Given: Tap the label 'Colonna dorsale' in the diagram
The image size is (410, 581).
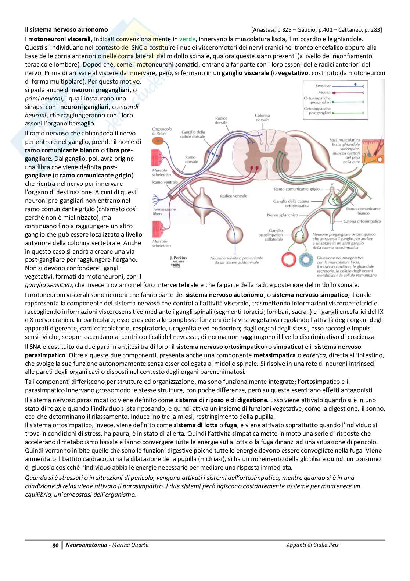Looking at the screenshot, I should pyautogui.click(x=262, y=118).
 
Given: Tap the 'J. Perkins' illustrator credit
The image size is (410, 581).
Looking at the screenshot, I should pyautogui.click(x=179, y=258).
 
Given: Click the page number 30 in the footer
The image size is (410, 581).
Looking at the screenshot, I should pyautogui.click(x=55, y=545).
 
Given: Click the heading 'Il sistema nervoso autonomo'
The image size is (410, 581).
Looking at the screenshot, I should pyautogui.click(x=66, y=29).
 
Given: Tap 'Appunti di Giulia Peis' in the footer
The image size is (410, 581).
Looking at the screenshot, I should pyautogui.click(x=312, y=545).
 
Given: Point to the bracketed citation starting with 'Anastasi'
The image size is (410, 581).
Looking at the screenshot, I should pyautogui.click(x=316, y=29).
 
